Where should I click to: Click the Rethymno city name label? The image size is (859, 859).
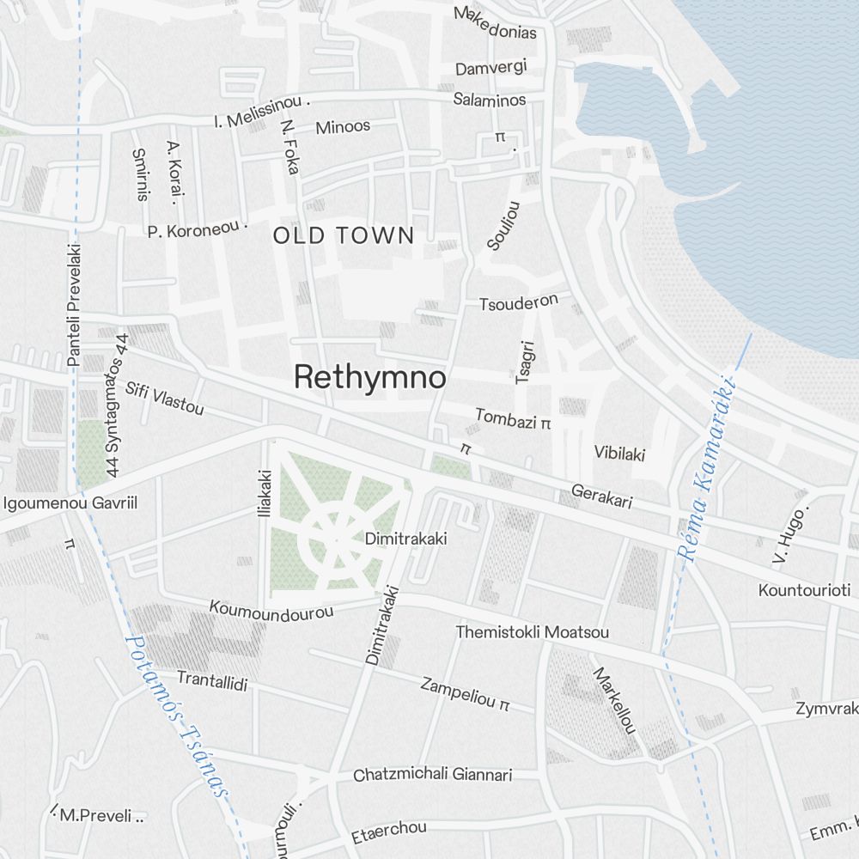(x=369, y=378)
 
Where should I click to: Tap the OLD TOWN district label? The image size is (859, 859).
(x=344, y=235)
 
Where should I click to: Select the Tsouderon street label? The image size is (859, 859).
(x=519, y=302)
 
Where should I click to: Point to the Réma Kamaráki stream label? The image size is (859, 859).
(x=709, y=470)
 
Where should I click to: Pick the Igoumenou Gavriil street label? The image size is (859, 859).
(x=70, y=503)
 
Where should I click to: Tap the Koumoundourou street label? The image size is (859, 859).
(x=271, y=610)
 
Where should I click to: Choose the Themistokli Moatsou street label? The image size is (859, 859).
(x=533, y=632)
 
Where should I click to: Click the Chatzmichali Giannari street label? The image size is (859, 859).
(x=433, y=775)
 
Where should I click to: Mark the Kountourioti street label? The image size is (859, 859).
(x=804, y=590)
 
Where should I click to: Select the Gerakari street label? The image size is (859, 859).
(x=601, y=497)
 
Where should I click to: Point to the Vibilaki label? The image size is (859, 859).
(x=619, y=453)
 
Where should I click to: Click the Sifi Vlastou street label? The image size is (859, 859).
(x=165, y=399)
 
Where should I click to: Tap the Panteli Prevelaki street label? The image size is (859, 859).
(x=74, y=306)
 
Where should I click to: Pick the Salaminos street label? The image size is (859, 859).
(x=490, y=100)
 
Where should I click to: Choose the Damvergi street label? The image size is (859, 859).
(x=490, y=67)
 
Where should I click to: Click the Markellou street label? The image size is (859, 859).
(x=614, y=700)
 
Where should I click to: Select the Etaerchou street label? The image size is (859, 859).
(x=389, y=832)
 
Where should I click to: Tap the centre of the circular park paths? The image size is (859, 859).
(x=337, y=539)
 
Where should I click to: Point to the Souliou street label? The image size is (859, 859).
(x=503, y=225)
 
